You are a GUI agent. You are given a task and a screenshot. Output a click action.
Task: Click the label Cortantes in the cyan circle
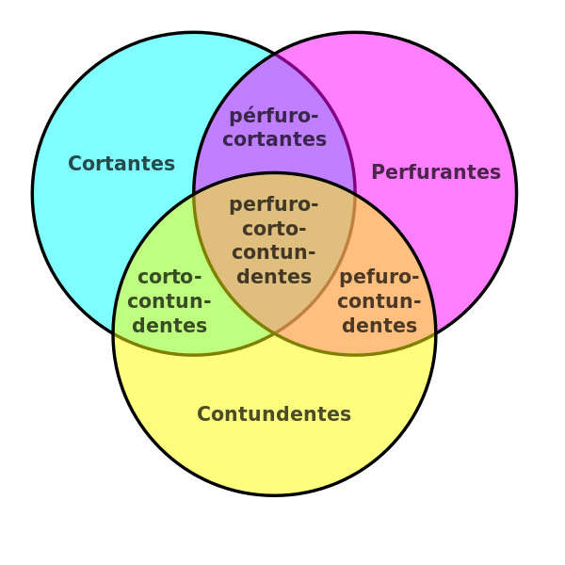coord(121,163)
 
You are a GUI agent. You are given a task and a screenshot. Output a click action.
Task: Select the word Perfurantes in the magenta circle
coord(436,172)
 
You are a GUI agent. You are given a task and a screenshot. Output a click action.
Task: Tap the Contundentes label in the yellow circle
coord(274,413)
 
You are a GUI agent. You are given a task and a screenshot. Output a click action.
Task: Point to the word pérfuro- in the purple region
coord(274,116)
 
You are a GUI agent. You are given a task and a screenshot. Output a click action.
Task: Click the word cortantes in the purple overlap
coord(275,139)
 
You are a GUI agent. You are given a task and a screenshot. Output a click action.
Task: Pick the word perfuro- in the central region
coord(274,205)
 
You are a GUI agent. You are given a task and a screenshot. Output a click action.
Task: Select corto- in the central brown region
coord(274,229)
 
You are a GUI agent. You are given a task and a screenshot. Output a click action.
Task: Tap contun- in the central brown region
coord(274,252)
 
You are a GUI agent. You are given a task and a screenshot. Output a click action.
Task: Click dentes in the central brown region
coord(274,276)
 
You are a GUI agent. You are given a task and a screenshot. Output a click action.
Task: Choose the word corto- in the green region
coord(169,277)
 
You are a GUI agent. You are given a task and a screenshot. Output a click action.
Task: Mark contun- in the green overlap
coord(169,301)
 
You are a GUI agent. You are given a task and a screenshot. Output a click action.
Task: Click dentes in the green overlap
coord(169,325)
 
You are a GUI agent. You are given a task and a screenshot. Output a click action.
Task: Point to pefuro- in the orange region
coord(379,278)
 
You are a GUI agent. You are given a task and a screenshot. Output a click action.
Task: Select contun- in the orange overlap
coord(379,301)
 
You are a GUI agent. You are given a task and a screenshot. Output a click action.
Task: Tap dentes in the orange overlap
coord(379,325)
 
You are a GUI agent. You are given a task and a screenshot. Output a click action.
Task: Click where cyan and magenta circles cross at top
coord(274,56)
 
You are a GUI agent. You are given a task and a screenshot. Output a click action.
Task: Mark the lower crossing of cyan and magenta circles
coord(274,332)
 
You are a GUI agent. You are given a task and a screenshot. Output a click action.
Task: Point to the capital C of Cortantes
coord(75,164)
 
